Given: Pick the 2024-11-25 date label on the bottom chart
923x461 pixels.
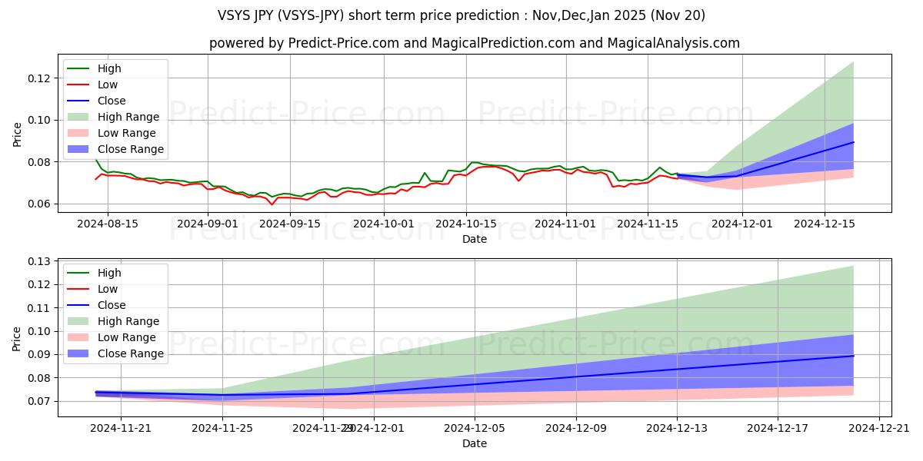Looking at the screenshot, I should tap(222, 428).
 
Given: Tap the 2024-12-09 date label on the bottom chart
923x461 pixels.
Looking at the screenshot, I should tap(575, 428).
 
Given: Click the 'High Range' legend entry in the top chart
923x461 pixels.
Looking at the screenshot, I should tap(130, 117).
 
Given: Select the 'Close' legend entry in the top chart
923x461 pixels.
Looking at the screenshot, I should tap(112, 101).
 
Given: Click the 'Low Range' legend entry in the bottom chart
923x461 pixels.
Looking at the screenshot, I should tap(128, 337).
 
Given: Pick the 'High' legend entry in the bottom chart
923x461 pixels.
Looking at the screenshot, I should tap(109, 273).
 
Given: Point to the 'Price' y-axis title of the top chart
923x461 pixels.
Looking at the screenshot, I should tap(18, 134).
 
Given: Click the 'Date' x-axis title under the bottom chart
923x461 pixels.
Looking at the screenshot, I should tap(475, 443).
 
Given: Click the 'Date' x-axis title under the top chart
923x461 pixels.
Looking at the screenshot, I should tap(475, 239).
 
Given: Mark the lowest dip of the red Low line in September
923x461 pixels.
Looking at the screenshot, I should tap(272, 204).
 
